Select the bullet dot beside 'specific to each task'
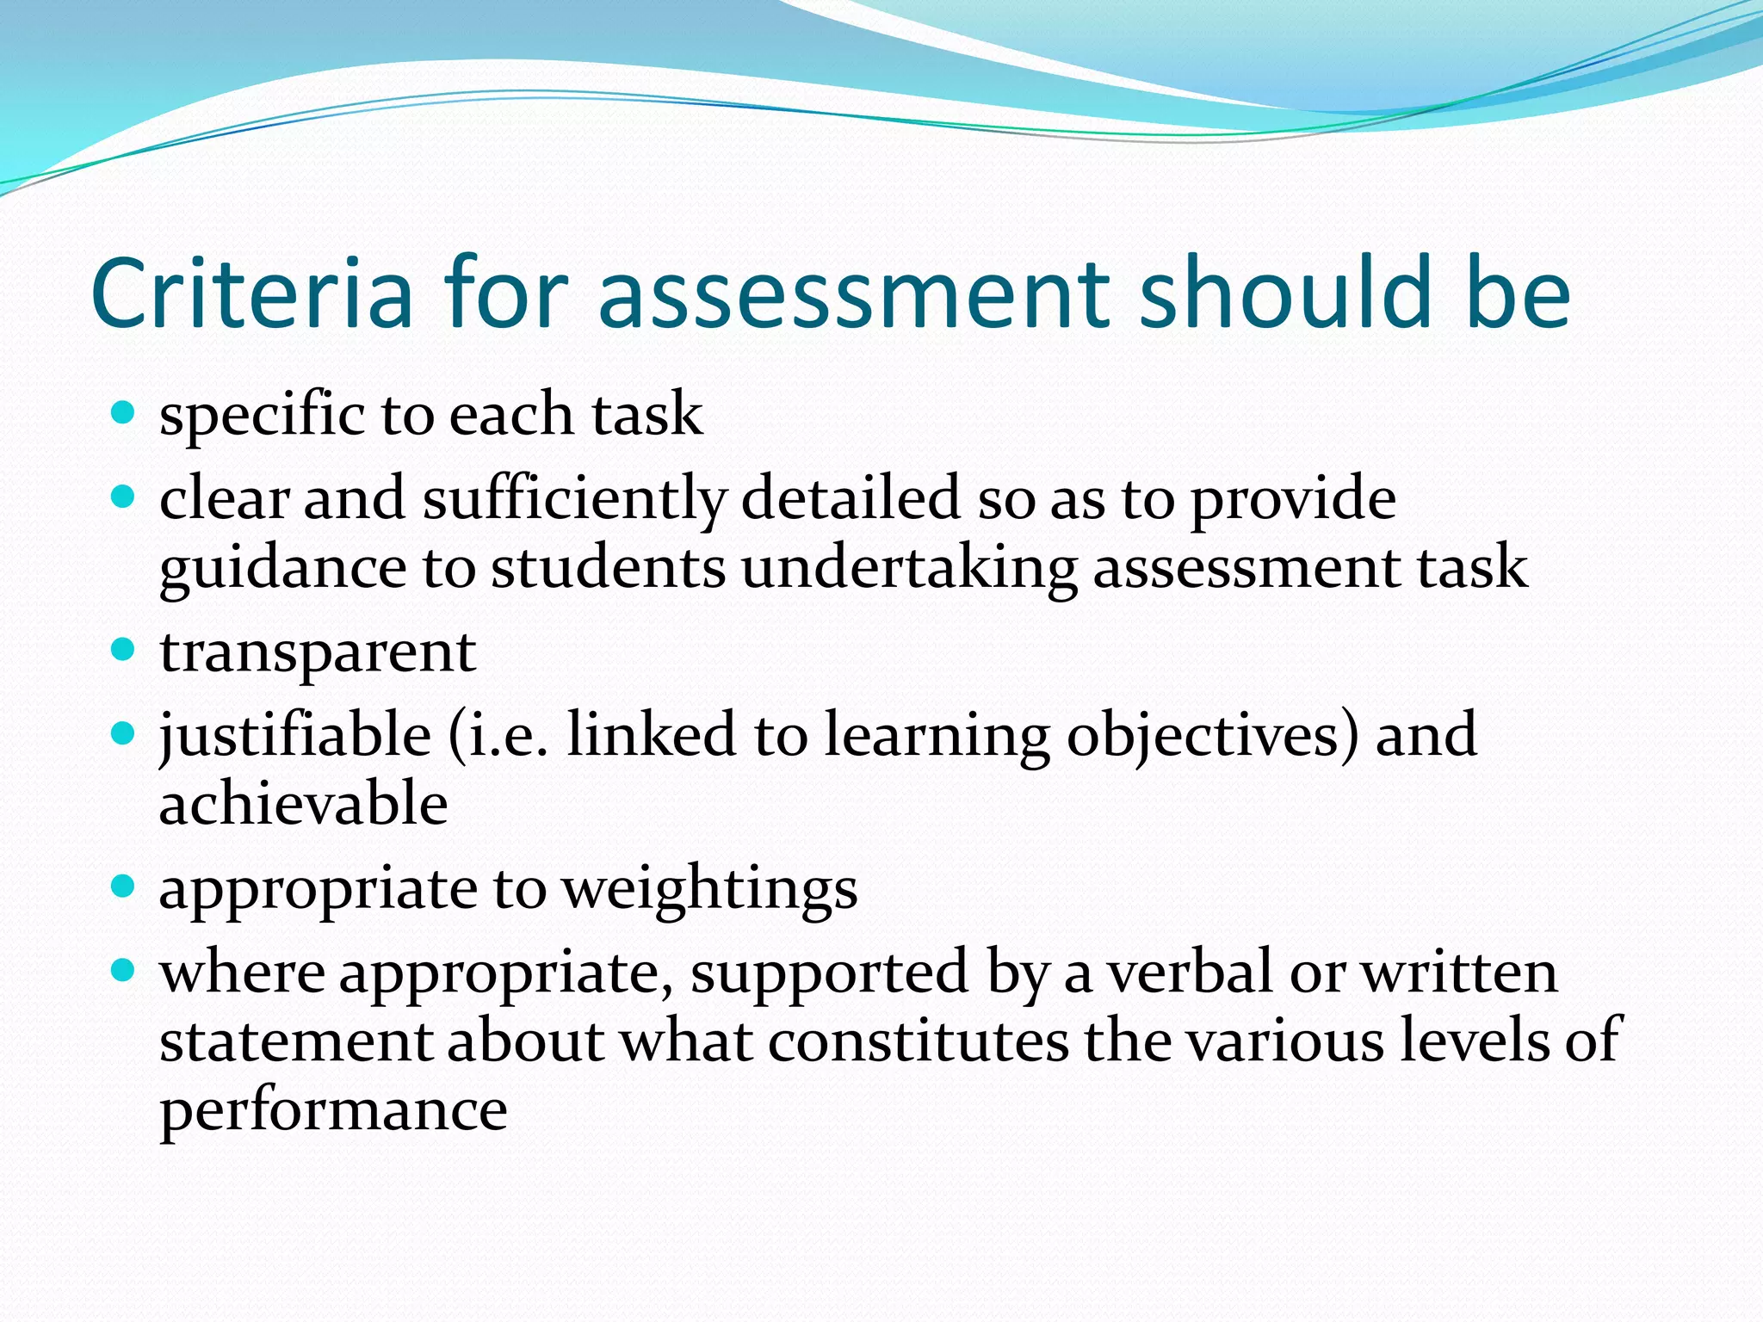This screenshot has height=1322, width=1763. [x=124, y=413]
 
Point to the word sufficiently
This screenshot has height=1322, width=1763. [x=574, y=499]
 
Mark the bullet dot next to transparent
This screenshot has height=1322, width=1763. [x=124, y=650]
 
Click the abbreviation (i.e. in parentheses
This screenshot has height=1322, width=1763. [x=498, y=735]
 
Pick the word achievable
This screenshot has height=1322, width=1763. [x=303, y=804]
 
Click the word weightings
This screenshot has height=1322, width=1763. [x=709, y=890]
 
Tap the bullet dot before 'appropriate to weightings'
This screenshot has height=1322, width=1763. [x=124, y=886]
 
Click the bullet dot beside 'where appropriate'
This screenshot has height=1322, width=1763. [x=124, y=971]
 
